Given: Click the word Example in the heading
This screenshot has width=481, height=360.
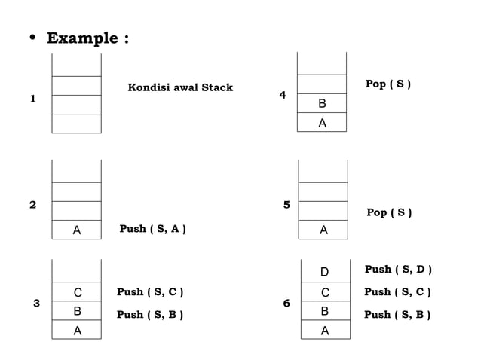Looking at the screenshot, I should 81,38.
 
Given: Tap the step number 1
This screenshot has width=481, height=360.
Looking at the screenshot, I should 32,99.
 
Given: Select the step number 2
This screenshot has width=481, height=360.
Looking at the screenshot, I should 32,204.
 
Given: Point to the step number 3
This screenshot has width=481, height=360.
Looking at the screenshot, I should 36,303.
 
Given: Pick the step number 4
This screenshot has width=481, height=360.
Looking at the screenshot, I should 283,96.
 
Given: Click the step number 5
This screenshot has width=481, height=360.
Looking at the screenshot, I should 286,204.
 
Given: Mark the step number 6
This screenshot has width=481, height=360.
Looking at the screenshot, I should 286,303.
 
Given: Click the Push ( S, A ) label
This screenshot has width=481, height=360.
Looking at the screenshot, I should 153,229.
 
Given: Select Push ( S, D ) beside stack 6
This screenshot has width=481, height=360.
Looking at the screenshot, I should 398,269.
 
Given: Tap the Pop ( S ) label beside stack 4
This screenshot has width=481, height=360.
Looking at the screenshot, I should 388,84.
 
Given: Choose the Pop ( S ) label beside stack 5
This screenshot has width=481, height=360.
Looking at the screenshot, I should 389,212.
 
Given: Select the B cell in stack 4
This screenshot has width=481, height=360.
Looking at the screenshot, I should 323,103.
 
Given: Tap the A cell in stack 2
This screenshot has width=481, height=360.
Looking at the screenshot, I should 77,230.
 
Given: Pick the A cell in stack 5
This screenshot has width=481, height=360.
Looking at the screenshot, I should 323,230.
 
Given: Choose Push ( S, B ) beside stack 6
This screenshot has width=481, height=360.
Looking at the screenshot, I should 398,315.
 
